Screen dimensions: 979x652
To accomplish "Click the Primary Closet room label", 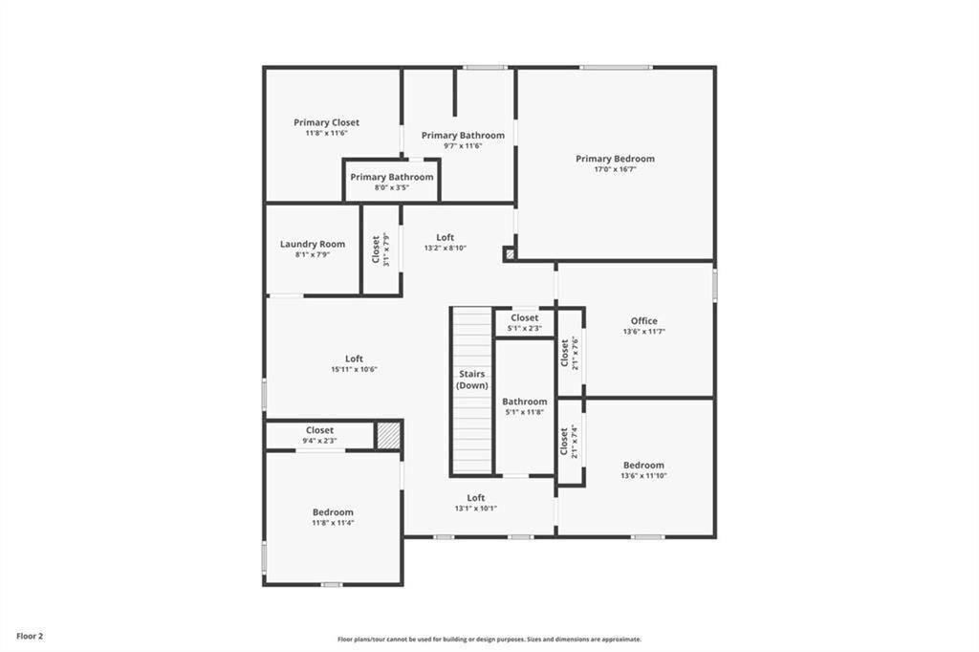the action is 327,122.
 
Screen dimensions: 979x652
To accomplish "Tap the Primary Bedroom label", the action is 615,159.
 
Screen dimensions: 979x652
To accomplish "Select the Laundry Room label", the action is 313,244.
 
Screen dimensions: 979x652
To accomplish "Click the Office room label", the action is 643,321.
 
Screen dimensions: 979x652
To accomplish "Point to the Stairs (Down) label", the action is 472,380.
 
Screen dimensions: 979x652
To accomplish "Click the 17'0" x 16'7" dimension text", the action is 615,169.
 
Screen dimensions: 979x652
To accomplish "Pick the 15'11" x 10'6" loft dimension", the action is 354,369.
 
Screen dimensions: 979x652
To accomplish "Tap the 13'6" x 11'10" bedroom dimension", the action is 643,475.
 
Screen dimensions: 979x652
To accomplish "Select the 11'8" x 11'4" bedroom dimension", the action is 333,523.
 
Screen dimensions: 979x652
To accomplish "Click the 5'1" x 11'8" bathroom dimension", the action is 525,411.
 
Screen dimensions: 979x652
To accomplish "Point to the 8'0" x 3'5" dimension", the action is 391,187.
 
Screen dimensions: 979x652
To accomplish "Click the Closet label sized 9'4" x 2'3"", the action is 319,430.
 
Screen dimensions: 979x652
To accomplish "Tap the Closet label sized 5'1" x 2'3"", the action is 525,318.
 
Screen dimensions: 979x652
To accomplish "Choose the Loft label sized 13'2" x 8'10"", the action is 446,237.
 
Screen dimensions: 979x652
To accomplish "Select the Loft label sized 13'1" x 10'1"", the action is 476,498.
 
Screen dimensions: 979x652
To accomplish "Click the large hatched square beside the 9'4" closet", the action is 388,435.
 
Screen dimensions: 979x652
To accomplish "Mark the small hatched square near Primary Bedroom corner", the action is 511,254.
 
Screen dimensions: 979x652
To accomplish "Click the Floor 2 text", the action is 30,637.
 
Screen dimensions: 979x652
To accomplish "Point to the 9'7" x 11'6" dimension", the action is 463,145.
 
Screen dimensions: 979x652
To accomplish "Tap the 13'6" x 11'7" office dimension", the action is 643,332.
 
